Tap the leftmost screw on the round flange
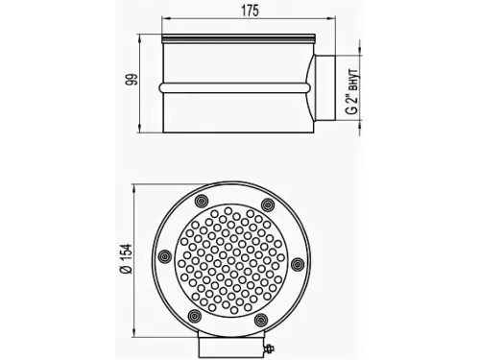[x=165, y=255]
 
